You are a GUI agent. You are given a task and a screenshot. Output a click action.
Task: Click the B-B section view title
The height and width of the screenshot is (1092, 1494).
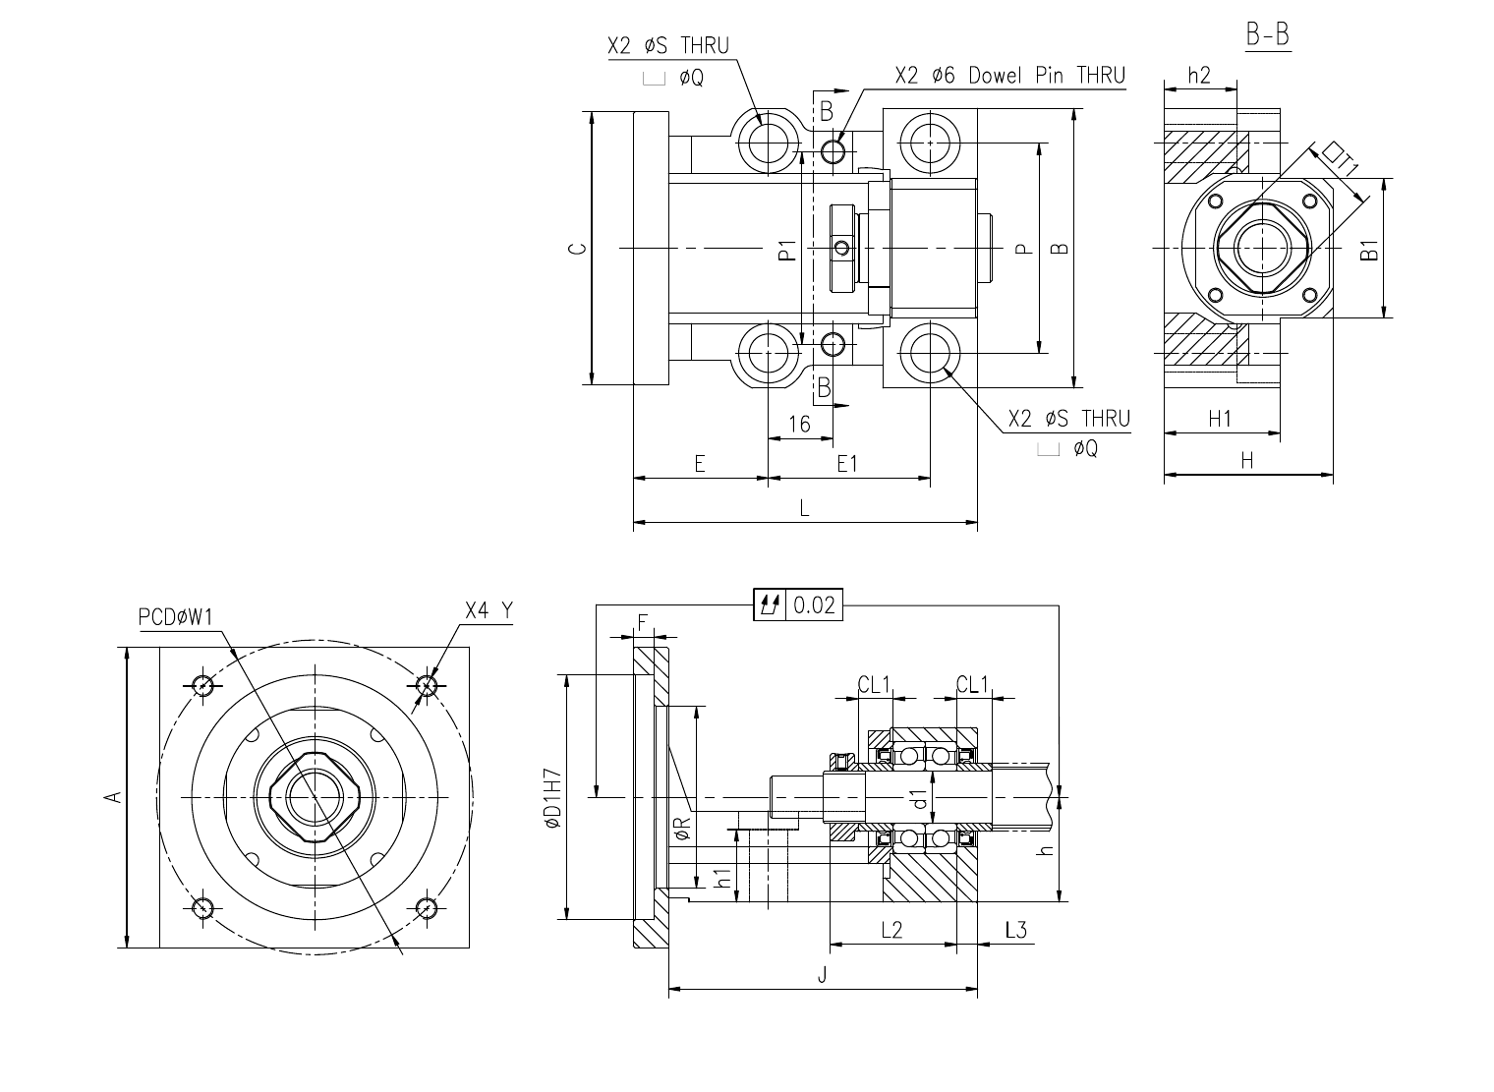point(1268,34)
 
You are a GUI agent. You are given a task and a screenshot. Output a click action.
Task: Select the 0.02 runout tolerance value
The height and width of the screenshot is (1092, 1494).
point(815,605)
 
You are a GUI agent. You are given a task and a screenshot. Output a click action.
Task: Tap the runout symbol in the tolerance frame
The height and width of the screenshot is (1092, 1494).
point(770,605)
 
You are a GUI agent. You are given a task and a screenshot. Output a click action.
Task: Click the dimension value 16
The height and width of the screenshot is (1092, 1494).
point(799,425)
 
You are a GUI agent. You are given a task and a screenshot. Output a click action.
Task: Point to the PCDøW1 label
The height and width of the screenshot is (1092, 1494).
point(175,617)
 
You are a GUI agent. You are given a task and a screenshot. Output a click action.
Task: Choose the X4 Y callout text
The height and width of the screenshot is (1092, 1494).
point(488,610)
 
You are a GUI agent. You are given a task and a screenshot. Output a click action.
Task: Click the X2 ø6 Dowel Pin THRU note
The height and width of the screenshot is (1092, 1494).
point(1010,76)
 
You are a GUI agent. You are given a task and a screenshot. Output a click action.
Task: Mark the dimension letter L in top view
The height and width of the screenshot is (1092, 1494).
point(804,508)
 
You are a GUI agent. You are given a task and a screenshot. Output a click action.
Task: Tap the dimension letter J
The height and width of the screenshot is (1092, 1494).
point(822,975)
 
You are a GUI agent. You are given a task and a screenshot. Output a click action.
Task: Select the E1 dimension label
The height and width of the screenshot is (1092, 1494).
point(847,464)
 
